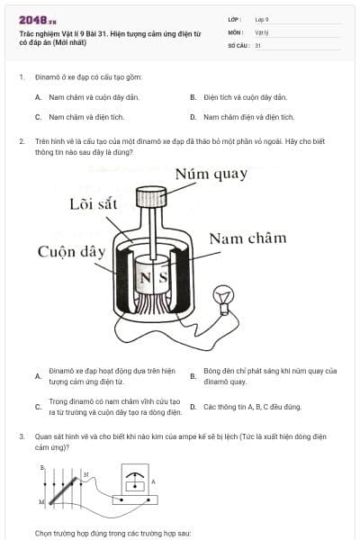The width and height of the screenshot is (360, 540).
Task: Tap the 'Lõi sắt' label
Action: [x=94, y=204]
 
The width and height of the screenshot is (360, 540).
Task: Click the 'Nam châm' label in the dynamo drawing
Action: [x=247, y=238]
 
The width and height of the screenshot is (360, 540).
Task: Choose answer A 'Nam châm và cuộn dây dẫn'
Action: [x=94, y=96]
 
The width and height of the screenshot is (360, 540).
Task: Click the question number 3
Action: [x=21, y=436]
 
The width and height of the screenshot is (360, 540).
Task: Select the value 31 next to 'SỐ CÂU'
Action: [x=258, y=45]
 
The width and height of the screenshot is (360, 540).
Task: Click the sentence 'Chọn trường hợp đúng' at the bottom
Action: [x=112, y=533]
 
